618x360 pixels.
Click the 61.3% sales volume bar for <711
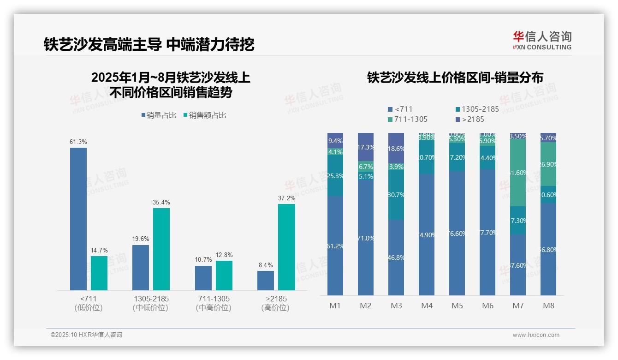[78, 219]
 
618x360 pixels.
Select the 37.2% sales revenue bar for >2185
[286, 247]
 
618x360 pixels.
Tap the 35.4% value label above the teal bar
[161, 202]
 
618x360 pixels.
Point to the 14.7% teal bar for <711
[99, 273]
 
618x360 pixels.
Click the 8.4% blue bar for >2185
[266, 281]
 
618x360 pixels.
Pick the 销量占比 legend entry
[159, 115]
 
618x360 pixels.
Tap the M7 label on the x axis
[518, 306]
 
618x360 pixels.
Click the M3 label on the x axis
[396, 306]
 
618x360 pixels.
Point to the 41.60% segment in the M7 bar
[518, 173]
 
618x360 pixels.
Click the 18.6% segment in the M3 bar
[396, 149]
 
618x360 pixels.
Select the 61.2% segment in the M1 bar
[335, 246]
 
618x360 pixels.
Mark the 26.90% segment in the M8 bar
[548, 164]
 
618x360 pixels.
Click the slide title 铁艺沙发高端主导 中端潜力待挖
[149, 44]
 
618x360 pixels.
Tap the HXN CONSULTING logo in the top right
[542, 41]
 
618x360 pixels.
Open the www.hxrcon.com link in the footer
[536, 335]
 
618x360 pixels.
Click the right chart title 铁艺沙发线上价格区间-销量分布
[455, 78]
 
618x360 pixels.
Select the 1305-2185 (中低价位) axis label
[150, 303]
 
